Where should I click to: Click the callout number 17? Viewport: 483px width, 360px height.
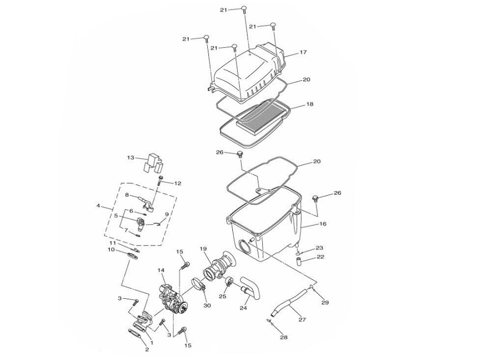tap(303, 52)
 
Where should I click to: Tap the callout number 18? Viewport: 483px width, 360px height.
tap(310, 104)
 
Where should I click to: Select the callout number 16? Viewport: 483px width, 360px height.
tap(322, 224)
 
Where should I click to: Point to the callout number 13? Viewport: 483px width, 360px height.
tap(131, 158)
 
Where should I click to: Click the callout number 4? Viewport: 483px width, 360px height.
tap(98, 205)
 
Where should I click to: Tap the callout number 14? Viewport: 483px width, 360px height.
tap(161, 270)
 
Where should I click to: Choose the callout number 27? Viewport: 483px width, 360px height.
tap(302, 320)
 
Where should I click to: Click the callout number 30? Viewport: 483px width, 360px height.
tap(207, 306)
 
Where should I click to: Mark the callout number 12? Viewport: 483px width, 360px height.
tap(178, 183)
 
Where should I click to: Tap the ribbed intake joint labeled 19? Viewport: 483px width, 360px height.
tap(219, 266)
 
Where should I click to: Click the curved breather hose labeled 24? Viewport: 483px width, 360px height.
tap(251, 288)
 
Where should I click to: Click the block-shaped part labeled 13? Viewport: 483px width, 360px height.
tap(154, 163)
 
